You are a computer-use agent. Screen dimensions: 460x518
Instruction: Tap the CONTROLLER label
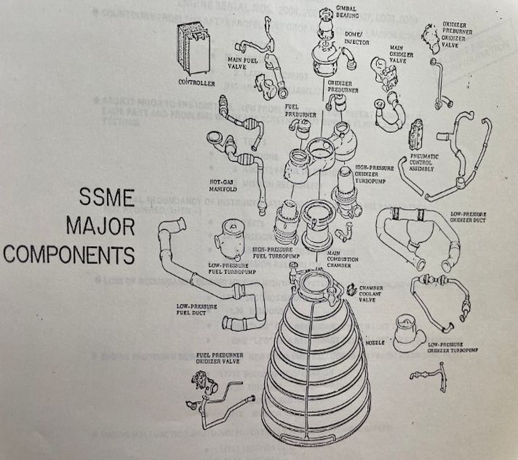click(x=196, y=83)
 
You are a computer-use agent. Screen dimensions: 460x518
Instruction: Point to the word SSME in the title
click(x=107, y=198)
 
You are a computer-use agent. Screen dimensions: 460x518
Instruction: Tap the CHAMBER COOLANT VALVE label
click(x=371, y=294)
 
